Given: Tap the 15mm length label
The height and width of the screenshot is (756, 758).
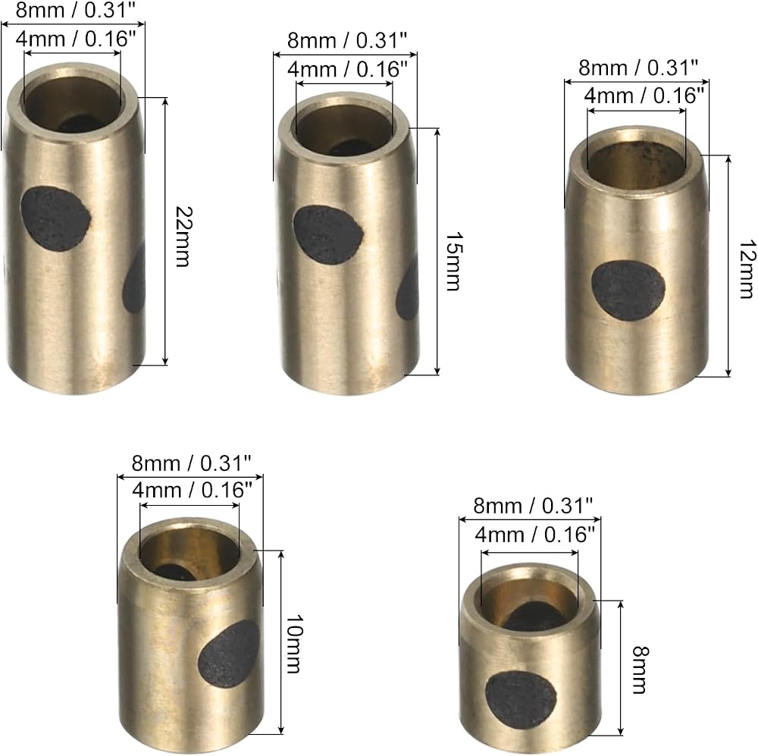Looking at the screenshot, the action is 454,261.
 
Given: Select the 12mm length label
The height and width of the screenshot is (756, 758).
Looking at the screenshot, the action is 747,269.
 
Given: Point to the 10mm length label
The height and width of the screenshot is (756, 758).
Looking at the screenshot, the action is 293,644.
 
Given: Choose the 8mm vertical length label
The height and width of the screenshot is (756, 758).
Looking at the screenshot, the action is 640,670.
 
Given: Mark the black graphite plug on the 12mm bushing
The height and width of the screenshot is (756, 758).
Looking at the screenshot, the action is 628,290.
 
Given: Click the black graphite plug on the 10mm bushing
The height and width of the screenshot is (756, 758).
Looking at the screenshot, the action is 230,654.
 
